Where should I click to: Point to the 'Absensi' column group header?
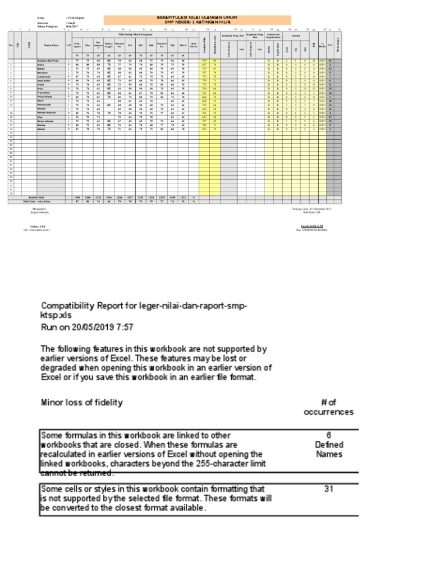(303, 35)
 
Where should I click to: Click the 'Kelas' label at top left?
(40, 17)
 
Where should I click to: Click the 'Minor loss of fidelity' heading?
(81, 403)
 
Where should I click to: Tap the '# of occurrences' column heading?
(328, 407)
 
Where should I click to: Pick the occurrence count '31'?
(329, 489)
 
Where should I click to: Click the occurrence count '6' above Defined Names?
(329, 434)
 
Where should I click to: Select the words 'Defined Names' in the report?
(329, 449)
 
